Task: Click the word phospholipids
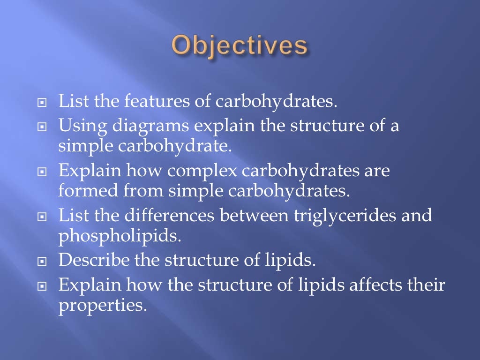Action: pyautogui.click(x=119, y=236)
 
